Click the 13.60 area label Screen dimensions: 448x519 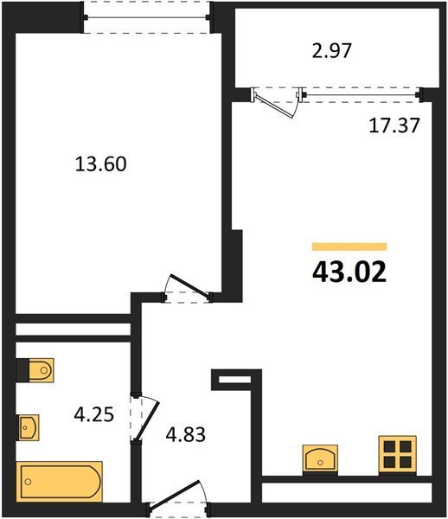101,164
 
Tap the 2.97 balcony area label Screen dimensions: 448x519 331,51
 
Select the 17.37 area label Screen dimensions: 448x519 394,125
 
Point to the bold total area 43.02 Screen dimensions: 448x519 349,272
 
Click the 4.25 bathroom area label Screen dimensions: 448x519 94,414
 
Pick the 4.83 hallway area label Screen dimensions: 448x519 186,434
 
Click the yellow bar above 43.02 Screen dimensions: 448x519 349,247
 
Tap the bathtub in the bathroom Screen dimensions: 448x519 60,482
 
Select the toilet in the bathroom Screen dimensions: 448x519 35,370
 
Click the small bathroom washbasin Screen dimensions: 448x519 28,427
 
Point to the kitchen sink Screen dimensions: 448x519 320,458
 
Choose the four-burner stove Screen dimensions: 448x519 397,455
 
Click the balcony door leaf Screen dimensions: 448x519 274,106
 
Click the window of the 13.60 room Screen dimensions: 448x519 146,17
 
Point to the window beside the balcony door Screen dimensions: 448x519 361,95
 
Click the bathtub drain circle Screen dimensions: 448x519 29,482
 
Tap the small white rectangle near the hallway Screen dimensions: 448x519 234,380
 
